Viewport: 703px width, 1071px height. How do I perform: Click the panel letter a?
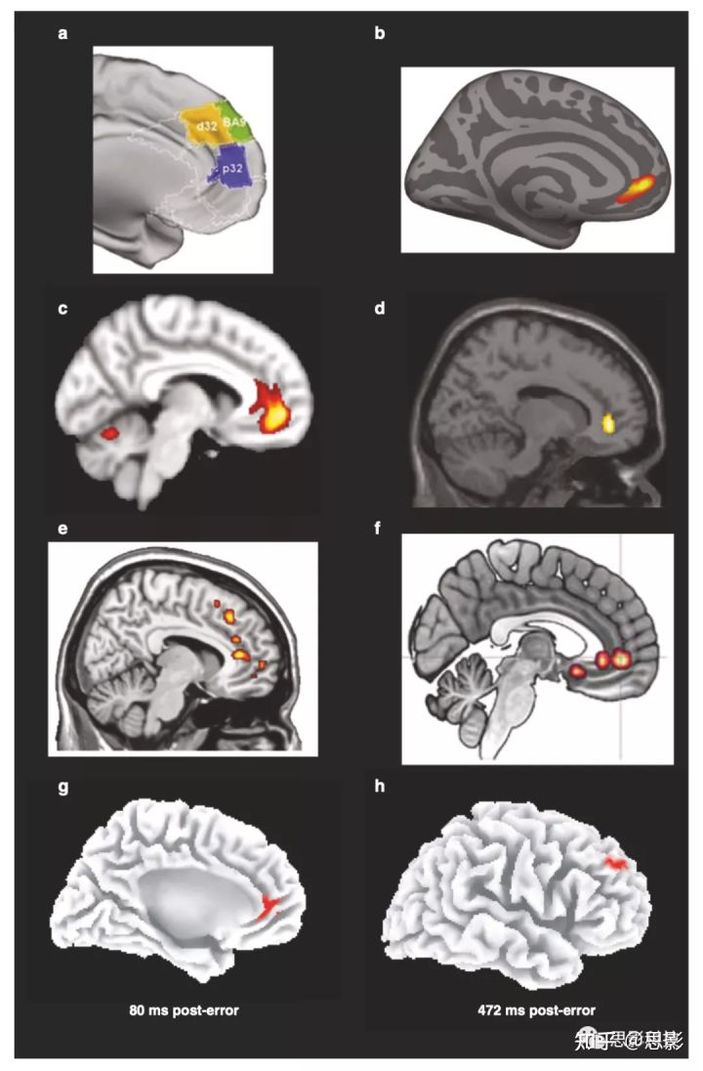click(63, 35)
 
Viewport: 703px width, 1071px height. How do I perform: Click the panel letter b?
click(379, 35)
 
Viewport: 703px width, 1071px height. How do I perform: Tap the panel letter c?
click(63, 310)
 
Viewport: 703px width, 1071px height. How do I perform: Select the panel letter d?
click(379, 310)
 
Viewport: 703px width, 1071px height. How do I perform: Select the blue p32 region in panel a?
click(233, 167)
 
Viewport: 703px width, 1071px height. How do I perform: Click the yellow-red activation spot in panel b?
click(640, 189)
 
